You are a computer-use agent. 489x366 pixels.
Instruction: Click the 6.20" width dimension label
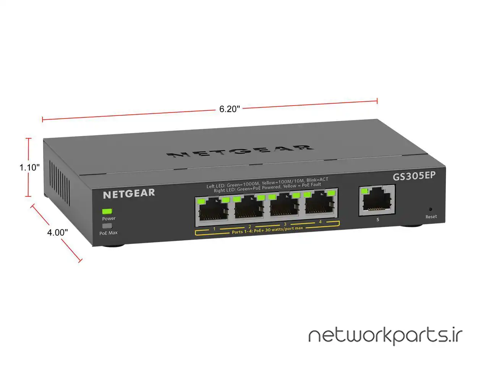(x=230, y=109)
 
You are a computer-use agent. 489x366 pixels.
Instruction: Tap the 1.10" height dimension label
(x=30, y=167)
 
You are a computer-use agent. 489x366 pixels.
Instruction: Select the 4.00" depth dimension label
(x=58, y=232)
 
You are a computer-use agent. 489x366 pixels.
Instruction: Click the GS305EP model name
(x=415, y=176)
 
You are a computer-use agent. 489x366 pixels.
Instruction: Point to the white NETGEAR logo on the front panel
(x=129, y=194)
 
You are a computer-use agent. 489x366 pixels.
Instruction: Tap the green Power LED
(x=107, y=211)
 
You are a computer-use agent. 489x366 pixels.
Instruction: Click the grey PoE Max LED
(x=107, y=226)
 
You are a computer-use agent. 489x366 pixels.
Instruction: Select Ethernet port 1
(x=212, y=210)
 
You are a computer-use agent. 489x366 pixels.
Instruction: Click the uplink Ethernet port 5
(x=377, y=201)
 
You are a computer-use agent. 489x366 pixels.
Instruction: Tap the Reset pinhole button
(x=431, y=209)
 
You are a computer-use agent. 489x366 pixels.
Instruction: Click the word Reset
(x=431, y=217)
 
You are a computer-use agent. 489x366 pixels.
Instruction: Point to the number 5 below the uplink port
(x=378, y=220)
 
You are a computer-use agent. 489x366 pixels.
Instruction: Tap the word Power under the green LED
(x=108, y=218)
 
